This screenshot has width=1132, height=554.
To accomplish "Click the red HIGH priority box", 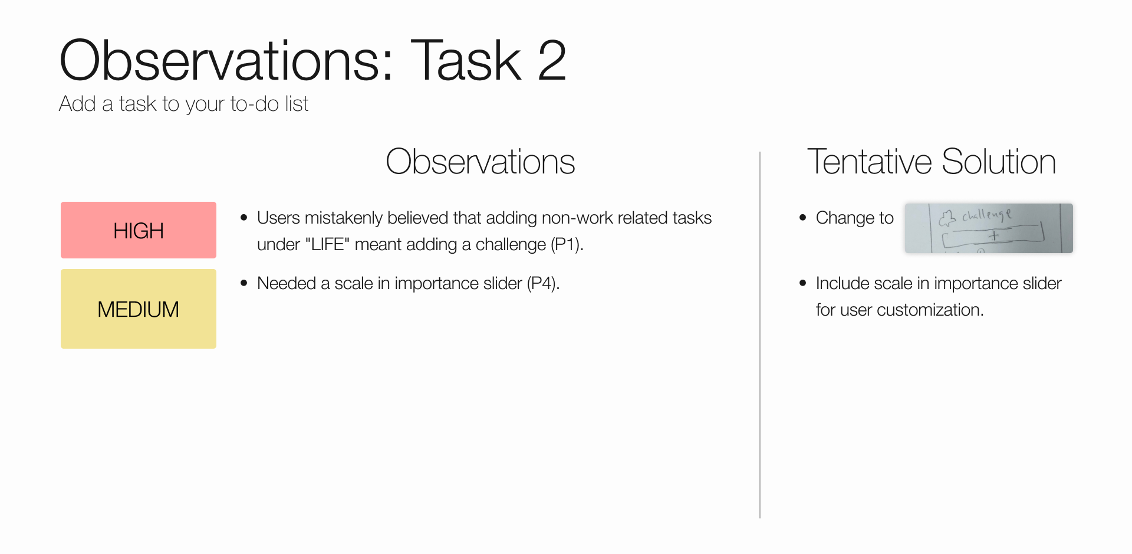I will [x=138, y=230].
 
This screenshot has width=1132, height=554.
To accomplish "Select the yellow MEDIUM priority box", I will [x=138, y=309].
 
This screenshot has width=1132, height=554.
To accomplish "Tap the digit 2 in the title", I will [x=552, y=61].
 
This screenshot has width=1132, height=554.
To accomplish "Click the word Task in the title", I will [x=466, y=61].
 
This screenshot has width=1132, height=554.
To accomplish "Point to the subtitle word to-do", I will [x=254, y=104].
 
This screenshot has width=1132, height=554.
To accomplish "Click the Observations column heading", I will [x=480, y=162].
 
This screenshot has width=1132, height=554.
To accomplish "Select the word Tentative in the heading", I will [x=870, y=162].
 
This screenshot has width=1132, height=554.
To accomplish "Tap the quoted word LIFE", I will [x=327, y=244].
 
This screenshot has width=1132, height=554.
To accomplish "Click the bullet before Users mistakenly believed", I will [x=244, y=218].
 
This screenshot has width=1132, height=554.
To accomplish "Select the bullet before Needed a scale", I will [x=244, y=283].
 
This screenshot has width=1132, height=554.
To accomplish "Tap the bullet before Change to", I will [x=802, y=218].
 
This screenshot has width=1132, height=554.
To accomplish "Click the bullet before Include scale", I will [x=802, y=283].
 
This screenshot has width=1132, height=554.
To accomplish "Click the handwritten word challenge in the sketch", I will [x=988, y=215].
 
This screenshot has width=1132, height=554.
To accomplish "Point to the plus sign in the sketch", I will [x=994, y=235].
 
